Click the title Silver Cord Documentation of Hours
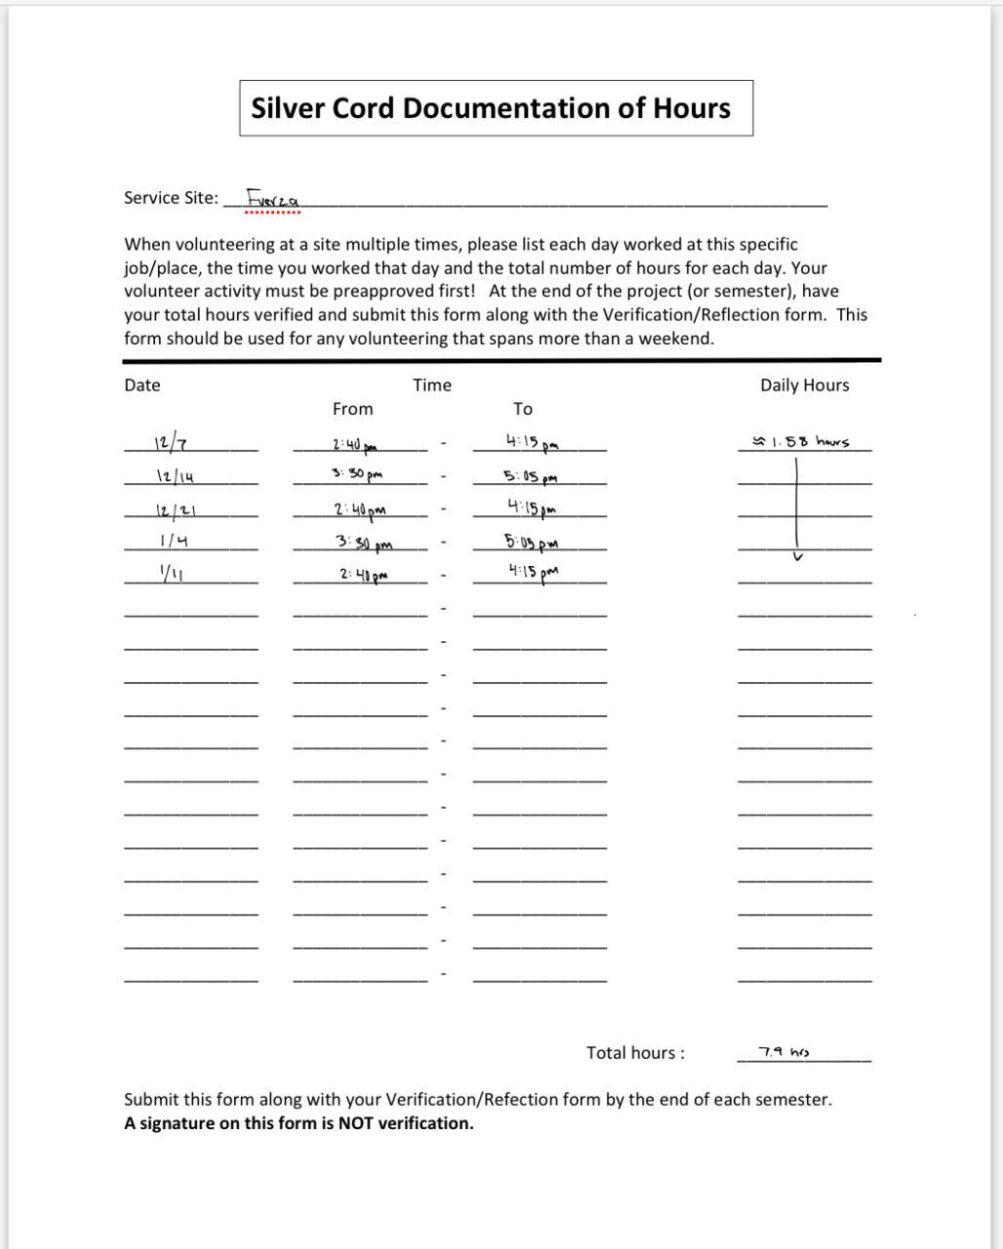491,107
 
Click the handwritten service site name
265,198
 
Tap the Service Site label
171,197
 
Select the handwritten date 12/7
171,444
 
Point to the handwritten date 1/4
174,541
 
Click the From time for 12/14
356,474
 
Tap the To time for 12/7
533,442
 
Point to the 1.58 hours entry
801,442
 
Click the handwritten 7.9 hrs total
784,1052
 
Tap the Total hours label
635,1053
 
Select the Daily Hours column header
805,385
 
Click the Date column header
142,385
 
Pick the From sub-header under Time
352,409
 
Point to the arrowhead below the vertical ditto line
798,556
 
